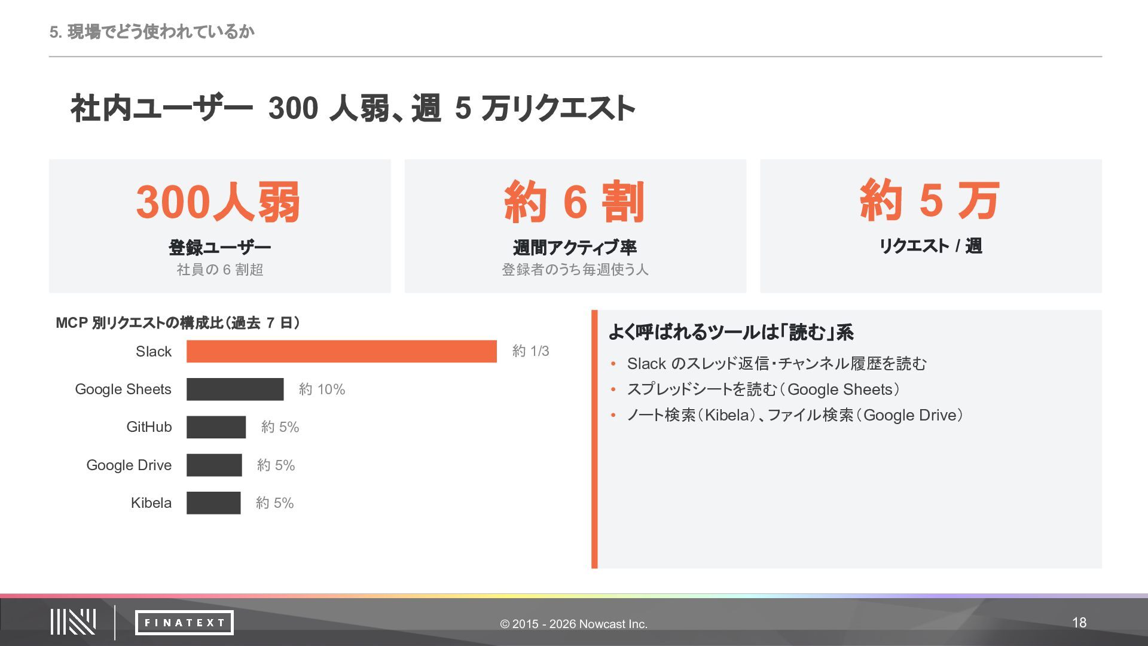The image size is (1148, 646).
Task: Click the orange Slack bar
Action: point(341,351)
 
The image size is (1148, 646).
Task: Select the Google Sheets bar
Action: point(235,389)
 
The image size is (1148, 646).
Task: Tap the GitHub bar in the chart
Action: point(216,427)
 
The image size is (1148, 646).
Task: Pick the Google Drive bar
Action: point(214,465)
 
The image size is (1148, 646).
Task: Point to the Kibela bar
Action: point(213,503)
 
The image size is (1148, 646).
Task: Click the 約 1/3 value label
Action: point(530,351)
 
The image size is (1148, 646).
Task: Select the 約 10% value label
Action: point(322,389)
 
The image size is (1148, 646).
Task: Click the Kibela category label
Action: point(151,503)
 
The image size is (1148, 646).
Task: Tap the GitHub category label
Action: point(149,427)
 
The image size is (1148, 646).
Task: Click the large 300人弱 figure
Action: point(218,202)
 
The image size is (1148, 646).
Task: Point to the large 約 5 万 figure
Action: point(930,200)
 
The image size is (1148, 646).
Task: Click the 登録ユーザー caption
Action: point(219,247)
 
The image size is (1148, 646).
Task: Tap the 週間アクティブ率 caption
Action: point(575,247)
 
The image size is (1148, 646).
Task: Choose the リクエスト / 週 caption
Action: point(930,246)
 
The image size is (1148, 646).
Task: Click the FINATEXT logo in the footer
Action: point(184,623)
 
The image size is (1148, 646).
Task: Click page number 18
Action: point(1079,623)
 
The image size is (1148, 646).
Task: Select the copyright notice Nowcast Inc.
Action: point(574,624)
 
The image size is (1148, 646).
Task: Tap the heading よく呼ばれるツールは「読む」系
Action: point(731,333)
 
